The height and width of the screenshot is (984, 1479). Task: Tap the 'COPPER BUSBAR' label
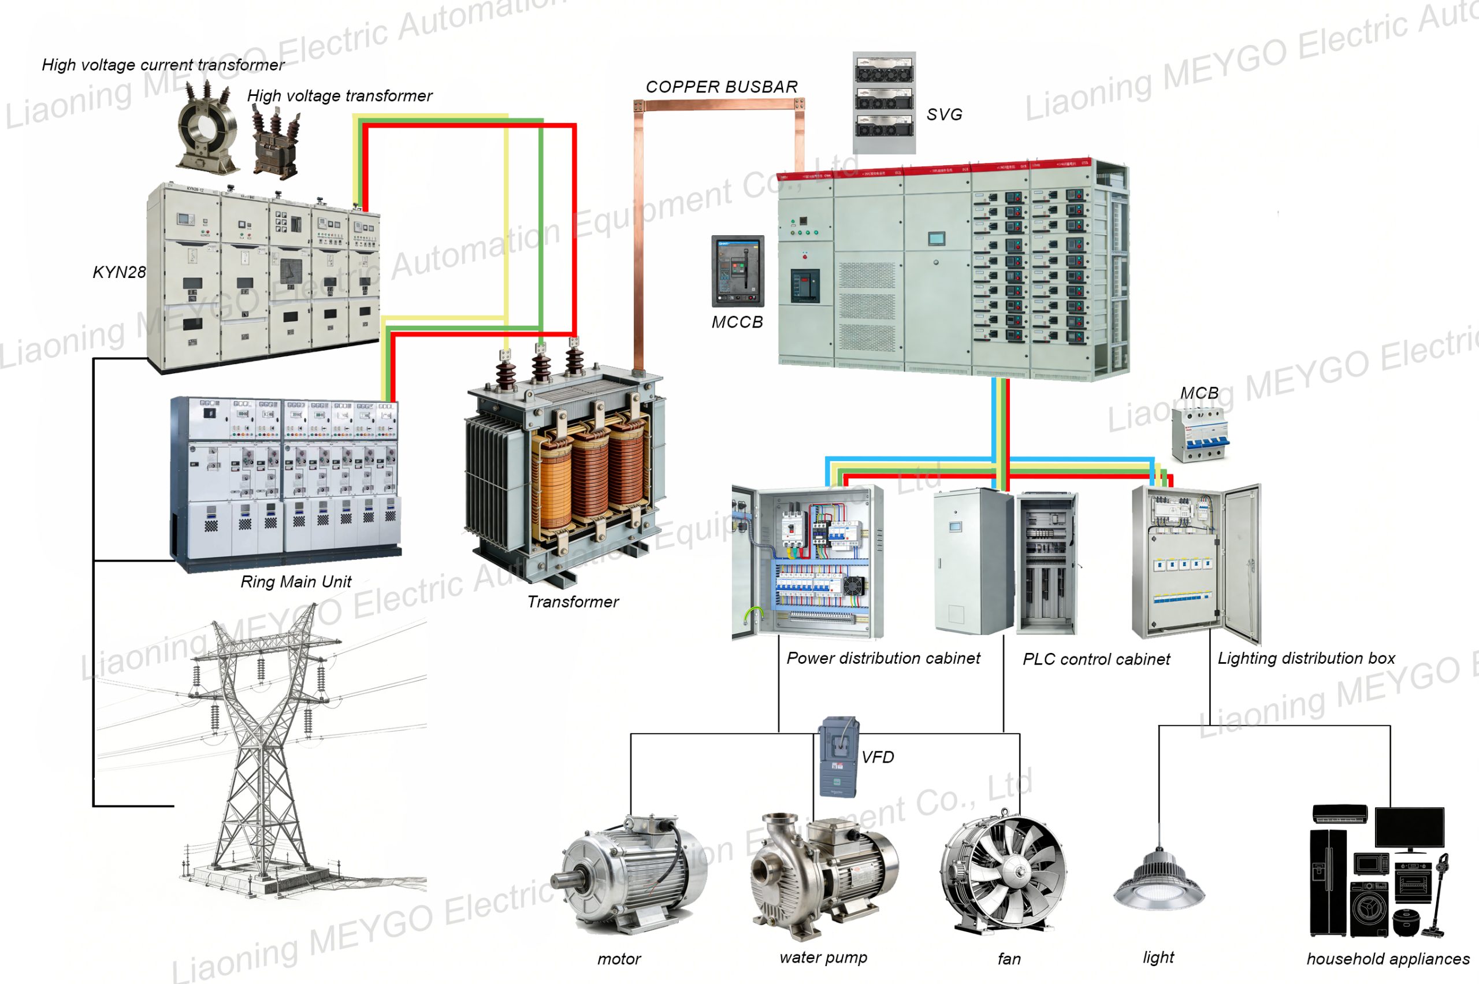click(721, 87)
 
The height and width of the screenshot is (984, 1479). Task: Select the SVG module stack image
click(883, 102)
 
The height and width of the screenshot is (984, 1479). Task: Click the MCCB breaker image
click(737, 271)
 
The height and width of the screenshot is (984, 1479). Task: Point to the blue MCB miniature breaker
click(1199, 433)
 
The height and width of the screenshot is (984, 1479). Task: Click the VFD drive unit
click(838, 757)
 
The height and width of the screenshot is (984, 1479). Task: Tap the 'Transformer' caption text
click(573, 602)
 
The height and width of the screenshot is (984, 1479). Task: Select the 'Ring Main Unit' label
click(296, 582)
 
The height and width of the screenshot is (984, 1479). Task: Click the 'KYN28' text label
click(118, 272)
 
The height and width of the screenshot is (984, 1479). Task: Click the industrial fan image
click(1004, 872)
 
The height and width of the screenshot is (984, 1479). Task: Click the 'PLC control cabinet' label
click(1095, 659)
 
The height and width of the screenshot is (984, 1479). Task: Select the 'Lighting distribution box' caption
click(1306, 658)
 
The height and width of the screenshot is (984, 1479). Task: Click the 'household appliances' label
click(1387, 959)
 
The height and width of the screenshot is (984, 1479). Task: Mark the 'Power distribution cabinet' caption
click(883, 658)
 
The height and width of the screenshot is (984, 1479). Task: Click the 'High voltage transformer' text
click(340, 96)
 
